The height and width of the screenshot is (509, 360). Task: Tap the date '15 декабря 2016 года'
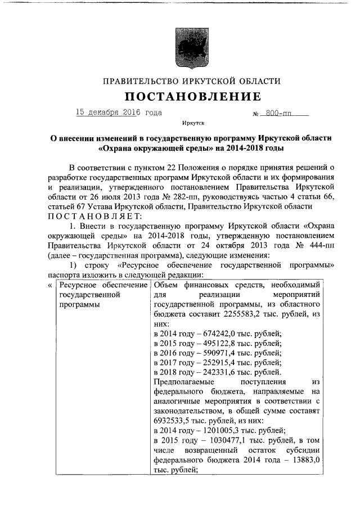tap(119, 112)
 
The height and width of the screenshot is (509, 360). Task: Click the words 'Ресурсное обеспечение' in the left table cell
tap(99, 286)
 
